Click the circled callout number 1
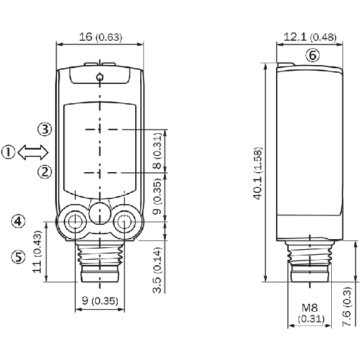(8, 152)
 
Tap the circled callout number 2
(45, 172)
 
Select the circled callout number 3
(45, 129)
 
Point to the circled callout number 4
(18, 222)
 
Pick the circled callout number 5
(18, 257)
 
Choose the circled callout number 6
(312, 55)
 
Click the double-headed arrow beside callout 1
(33, 152)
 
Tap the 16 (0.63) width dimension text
(100, 37)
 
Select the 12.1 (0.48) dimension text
(310, 37)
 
